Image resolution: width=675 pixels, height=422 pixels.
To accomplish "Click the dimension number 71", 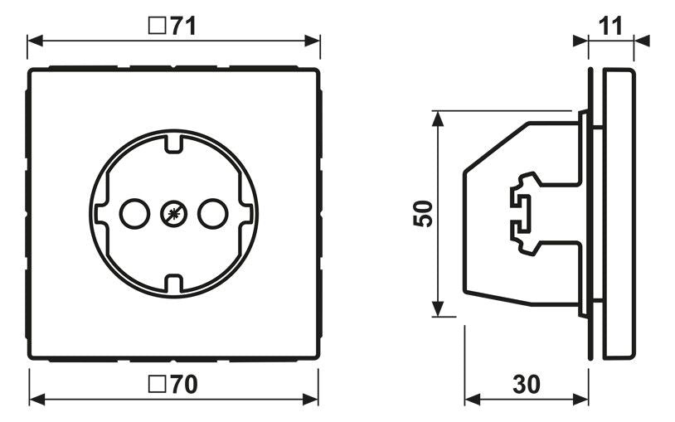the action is pyautogui.click(x=183, y=26).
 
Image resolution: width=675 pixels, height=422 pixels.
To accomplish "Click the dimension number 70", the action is pyautogui.click(x=184, y=384).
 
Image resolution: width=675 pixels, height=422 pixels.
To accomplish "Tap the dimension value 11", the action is pyautogui.click(x=610, y=26).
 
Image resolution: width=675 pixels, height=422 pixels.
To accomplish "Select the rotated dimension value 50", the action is pyautogui.click(x=423, y=214).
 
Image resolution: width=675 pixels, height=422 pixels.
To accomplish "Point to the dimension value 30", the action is pyautogui.click(x=527, y=384).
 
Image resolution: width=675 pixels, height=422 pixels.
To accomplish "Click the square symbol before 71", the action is pyautogui.click(x=157, y=26).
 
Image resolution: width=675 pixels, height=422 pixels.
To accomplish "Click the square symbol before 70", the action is pyautogui.click(x=157, y=384).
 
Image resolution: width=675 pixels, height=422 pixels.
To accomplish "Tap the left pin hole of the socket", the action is pyautogui.click(x=134, y=214).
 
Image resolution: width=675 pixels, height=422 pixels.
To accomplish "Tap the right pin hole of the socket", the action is pyautogui.click(x=212, y=214).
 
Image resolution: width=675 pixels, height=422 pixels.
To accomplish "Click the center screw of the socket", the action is pyautogui.click(x=174, y=214).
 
